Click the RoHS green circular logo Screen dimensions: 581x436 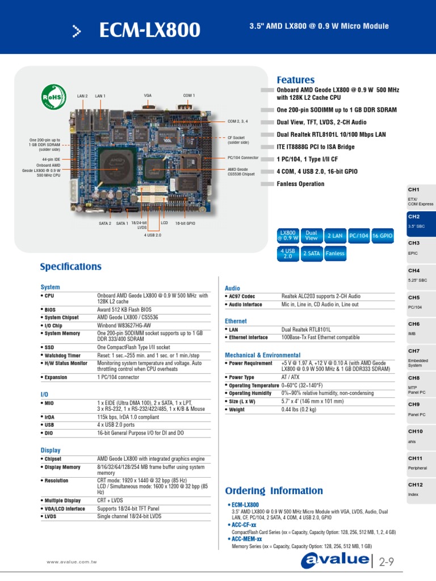pos(53,95)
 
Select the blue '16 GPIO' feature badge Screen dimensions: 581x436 pos(382,235)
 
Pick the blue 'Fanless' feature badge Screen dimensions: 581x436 pos(335,254)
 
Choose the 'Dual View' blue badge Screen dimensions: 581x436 pos(311,235)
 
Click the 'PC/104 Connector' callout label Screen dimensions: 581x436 pos(243,158)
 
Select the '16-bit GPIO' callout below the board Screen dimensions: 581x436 pos(185,224)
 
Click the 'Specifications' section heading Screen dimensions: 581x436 pos(71,267)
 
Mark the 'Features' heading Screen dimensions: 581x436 pos(295,80)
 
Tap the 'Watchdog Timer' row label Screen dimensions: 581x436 pos(66,355)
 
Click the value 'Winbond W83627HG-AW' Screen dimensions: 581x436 pos(124,326)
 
